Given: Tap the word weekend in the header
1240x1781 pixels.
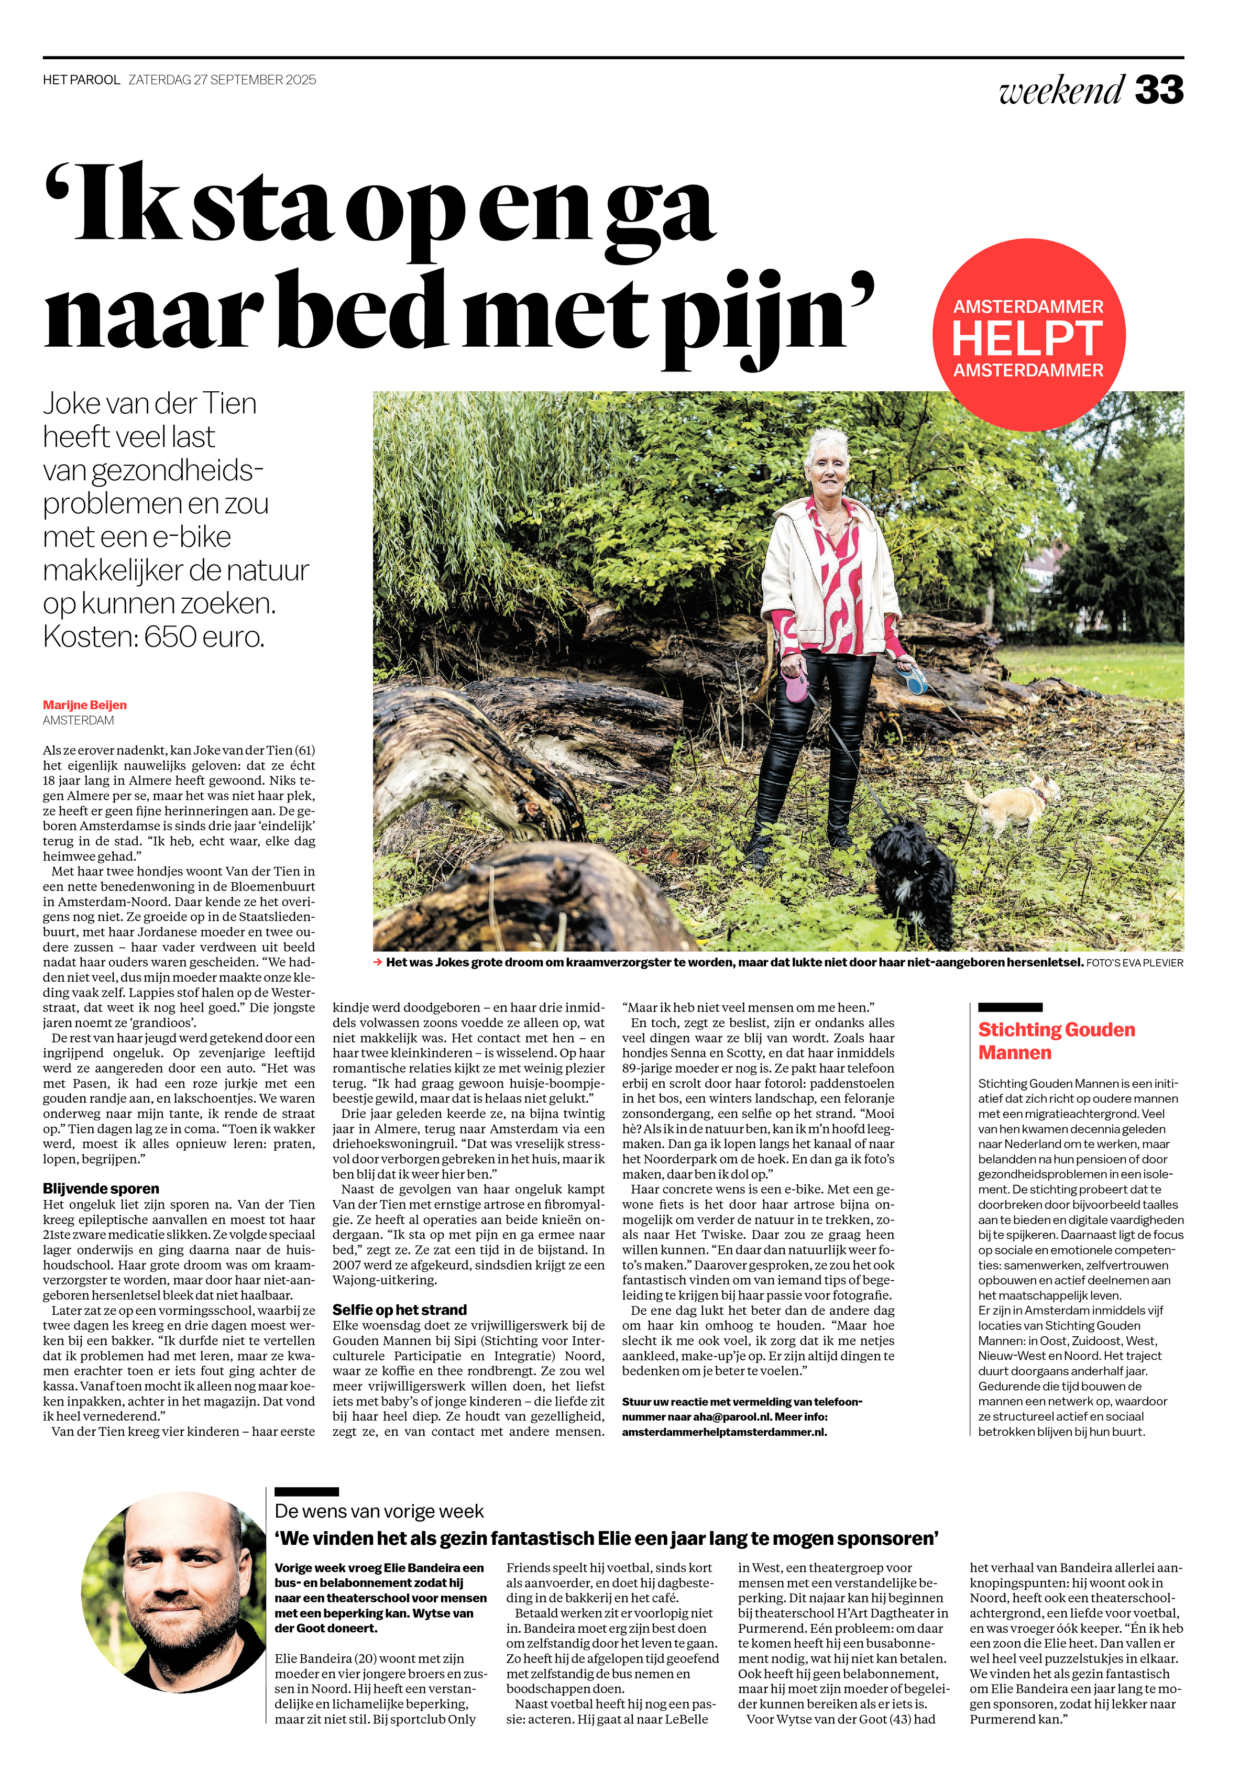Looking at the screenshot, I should point(1061,90).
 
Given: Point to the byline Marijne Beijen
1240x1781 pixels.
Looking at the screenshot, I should point(84,705).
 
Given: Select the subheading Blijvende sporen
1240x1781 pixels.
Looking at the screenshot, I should point(101,1189).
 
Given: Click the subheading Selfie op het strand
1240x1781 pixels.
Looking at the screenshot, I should point(400,1310).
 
